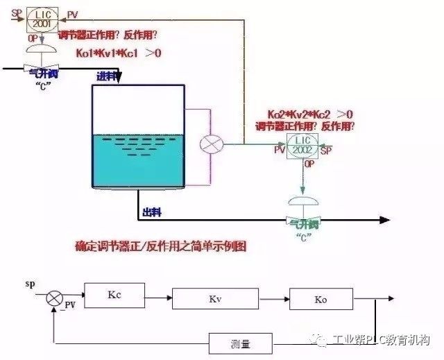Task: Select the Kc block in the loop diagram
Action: point(114,295)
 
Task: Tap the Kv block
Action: point(214,299)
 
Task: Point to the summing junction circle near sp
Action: point(53,298)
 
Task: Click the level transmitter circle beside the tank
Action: point(209,144)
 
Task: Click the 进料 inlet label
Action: point(105,76)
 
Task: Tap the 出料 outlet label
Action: point(152,212)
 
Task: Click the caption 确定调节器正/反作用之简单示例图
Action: point(161,246)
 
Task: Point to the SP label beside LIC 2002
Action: point(327,149)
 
